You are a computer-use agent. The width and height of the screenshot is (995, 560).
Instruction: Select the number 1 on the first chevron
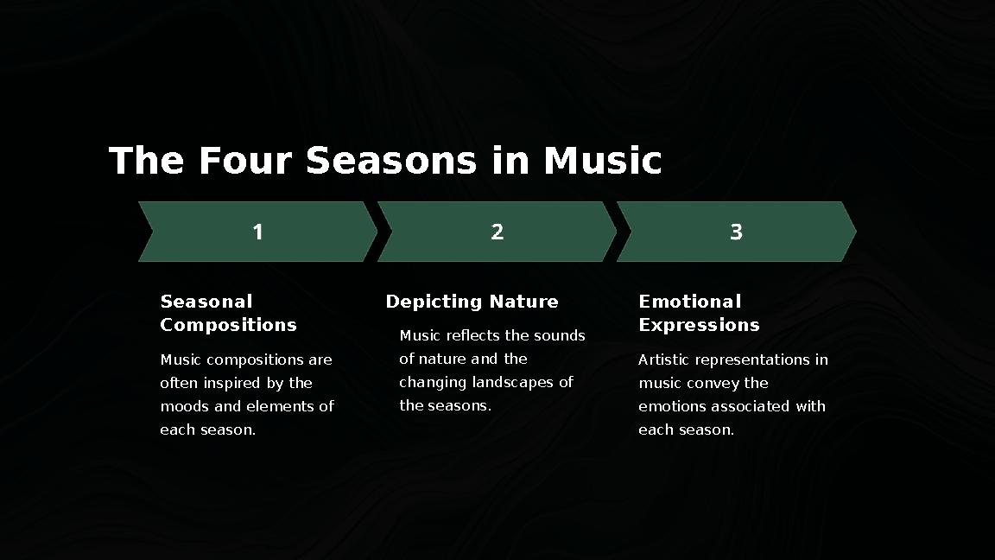click(x=257, y=232)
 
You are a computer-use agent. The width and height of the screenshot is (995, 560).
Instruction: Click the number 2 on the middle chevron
click(x=497, y=232)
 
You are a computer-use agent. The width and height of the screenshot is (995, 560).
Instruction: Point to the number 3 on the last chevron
click(x=736, y=232)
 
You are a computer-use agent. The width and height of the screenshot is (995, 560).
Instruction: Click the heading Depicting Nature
click(x=472, y=302)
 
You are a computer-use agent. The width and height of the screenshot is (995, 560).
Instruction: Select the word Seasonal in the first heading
click(x=206, y=302)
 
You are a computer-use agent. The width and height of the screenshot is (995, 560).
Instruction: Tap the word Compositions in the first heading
click(x=228, y=325)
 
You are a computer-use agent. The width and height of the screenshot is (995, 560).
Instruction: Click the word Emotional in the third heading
click(x=689, y=302)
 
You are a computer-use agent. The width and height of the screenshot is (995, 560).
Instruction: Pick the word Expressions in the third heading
click(x=699, y=325)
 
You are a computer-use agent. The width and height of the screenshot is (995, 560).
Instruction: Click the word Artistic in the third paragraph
click(x=663, y=360)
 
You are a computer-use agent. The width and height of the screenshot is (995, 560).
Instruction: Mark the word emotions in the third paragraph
click(x=671, y=406)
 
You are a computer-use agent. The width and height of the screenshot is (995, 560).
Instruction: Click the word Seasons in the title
click(x=390, y=161)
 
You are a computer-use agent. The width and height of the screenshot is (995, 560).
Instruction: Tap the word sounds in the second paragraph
click(x=559, y=335)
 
